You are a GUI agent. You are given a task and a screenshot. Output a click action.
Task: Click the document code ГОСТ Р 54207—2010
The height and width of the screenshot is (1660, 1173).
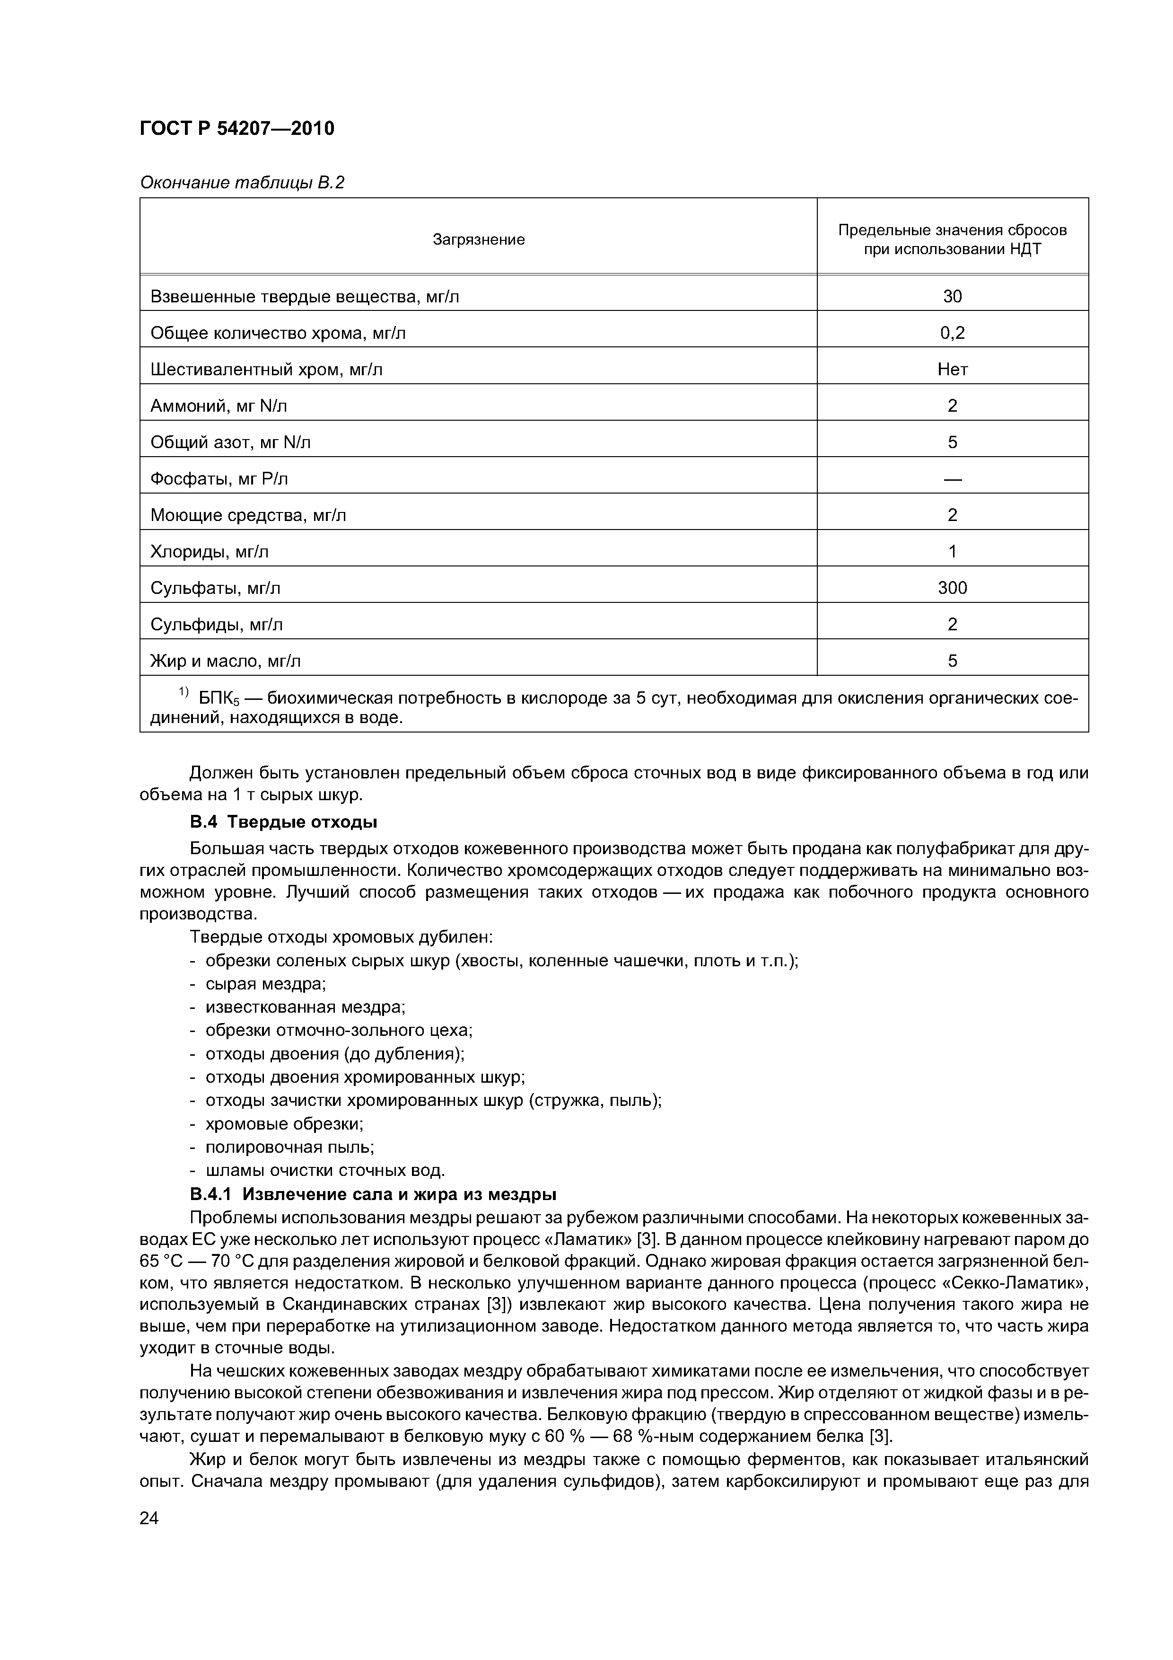[236, 129]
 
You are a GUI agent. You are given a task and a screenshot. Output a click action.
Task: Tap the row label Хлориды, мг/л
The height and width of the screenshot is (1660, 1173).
[209, 552]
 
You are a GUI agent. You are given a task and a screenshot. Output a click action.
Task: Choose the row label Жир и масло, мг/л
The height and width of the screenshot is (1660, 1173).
[226, 661]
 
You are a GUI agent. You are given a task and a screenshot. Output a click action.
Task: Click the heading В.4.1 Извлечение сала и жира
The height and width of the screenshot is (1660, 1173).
[372, 1194]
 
